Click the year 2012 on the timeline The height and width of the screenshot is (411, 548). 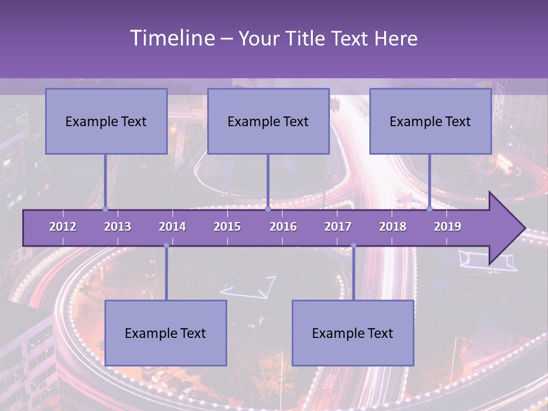point(63,227)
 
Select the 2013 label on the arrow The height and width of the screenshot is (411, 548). point(118,227)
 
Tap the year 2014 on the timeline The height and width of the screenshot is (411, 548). point(172,227)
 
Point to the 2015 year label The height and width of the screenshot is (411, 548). point(227,227)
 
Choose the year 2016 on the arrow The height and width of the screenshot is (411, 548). point(283,227)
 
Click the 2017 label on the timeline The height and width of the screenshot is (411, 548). point(338,227)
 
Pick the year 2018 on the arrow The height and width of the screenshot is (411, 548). point(393,227)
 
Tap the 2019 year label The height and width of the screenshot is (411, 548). point(448,227)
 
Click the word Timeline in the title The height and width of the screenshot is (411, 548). point(171,38)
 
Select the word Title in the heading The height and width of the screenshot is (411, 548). point(309,39)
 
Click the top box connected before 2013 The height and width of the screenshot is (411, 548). point(106,121)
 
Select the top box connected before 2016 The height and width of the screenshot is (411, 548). point(268,121)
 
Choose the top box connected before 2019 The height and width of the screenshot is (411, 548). point(430,121)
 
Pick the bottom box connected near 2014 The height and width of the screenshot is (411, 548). point(166,333)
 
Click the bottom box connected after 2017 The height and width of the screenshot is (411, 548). point(353,333)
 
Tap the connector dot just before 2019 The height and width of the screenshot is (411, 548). point(430,209)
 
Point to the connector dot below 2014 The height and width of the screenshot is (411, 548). point(166,245)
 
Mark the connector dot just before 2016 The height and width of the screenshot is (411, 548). point(268,209)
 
